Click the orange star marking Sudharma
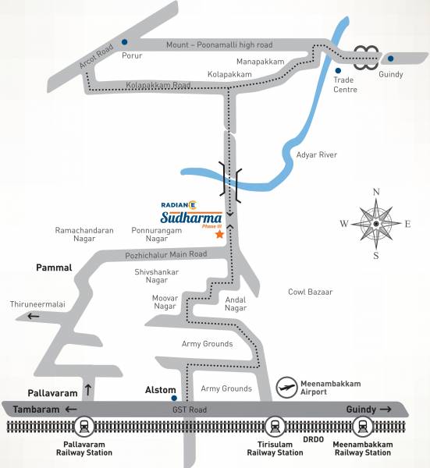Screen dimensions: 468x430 (220, 234)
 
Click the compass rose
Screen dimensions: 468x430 (376, 223)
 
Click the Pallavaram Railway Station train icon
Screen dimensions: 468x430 (84, 427)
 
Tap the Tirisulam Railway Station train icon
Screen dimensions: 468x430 (274, 427)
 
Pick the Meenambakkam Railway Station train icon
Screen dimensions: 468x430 (361, 427)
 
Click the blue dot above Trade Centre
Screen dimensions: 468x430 (339, 59)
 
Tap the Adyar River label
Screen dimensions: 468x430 (317, 155)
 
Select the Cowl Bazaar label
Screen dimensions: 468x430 (311, 292)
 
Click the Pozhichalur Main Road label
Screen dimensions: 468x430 (165, 255)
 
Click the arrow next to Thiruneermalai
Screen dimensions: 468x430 (34, 316)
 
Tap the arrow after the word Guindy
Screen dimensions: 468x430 (386, 409)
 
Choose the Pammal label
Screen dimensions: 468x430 (54, 268)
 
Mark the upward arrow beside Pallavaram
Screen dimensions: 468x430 (88, 388)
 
